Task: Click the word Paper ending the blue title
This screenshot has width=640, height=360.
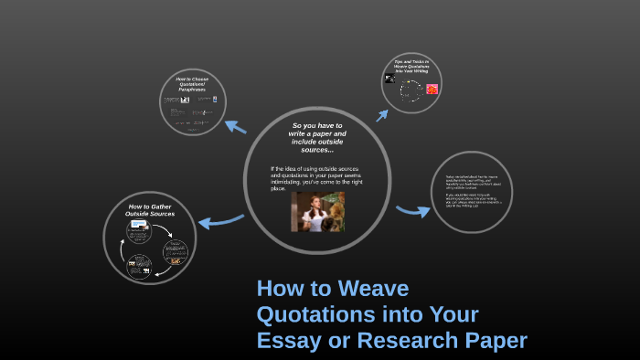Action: click(496, 341)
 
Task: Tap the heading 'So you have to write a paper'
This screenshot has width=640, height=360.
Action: click(317, 137)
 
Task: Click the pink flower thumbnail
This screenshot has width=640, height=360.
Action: click(432, 89)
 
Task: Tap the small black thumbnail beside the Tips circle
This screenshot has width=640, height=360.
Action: click(390, 79)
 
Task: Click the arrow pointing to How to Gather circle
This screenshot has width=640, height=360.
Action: click(219, 219)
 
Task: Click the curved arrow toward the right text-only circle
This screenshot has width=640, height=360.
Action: click(412, 211)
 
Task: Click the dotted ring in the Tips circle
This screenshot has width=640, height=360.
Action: click(411, 90)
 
